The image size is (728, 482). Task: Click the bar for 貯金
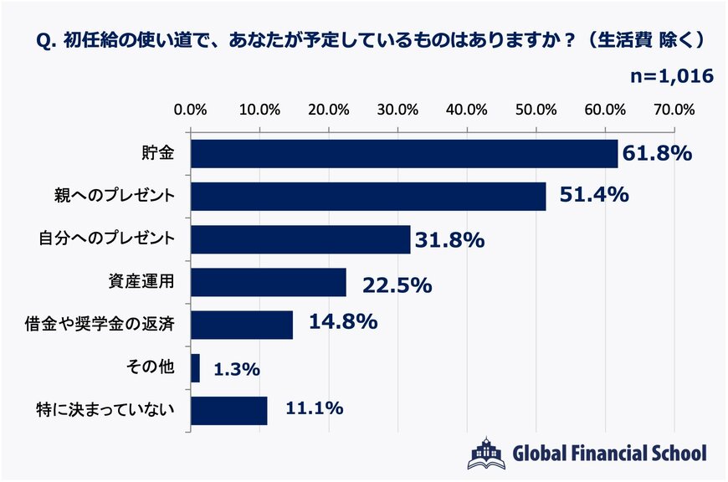[x=404, y=154]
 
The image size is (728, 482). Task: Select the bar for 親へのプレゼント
[x=368, y=197]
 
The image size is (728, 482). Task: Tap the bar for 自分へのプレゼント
[x=300, y=239]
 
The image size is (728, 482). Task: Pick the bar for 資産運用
[x=269, y=282]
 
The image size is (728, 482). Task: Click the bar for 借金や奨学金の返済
[x=242, y=325]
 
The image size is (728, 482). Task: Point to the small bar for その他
[x=196, y=368]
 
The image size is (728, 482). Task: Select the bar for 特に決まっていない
[x=229, y=411]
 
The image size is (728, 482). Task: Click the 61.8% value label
[x=657, y=153]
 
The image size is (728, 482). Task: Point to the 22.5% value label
[x=397, y=285]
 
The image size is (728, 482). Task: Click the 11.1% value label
[x=315, y=409]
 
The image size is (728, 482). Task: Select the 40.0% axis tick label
[x=466, y=109]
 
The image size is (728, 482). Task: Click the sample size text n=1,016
[x=671, y=76]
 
